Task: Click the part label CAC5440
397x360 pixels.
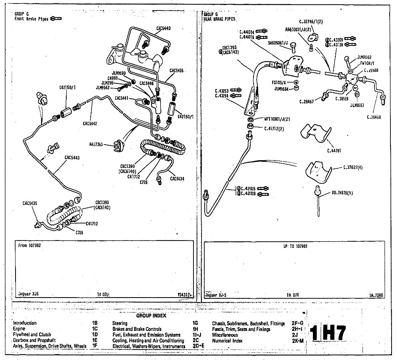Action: click(x=163, y=28)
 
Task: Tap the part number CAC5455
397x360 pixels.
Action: click(x=176, y=71)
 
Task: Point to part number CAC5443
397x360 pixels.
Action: click(x=72, y=157)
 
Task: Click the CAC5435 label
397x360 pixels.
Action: click(x=30, y=203)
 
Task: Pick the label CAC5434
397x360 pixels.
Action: click(x=176, y=178)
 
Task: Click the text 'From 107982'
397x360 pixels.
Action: click(x=29, y=246)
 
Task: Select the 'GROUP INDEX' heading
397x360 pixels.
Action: click(x=151, y=315)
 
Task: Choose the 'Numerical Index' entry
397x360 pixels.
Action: click(x=227, y=341)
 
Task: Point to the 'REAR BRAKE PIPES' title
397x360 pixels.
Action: click(x=219, y=19)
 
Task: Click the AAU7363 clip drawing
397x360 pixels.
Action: click(x=116, y=147)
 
